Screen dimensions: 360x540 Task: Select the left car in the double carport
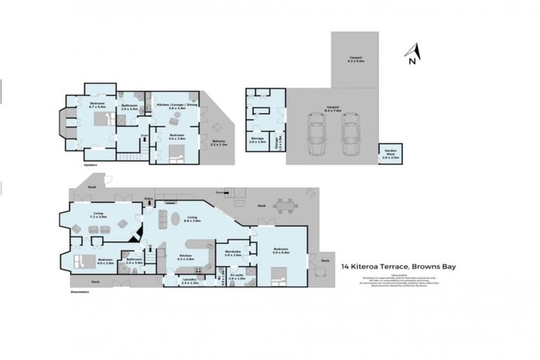point(317,136)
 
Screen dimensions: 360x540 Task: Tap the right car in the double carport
point(352,136)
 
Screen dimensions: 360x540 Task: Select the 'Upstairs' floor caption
point(90,165)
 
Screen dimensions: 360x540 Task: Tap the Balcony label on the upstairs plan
point(219,143)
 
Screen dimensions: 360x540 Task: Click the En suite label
point(236,277)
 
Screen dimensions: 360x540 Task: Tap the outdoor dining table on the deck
point(284,205)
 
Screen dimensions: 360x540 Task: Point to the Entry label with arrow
point(148,199)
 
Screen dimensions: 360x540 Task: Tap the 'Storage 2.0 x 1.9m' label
point(257,140)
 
